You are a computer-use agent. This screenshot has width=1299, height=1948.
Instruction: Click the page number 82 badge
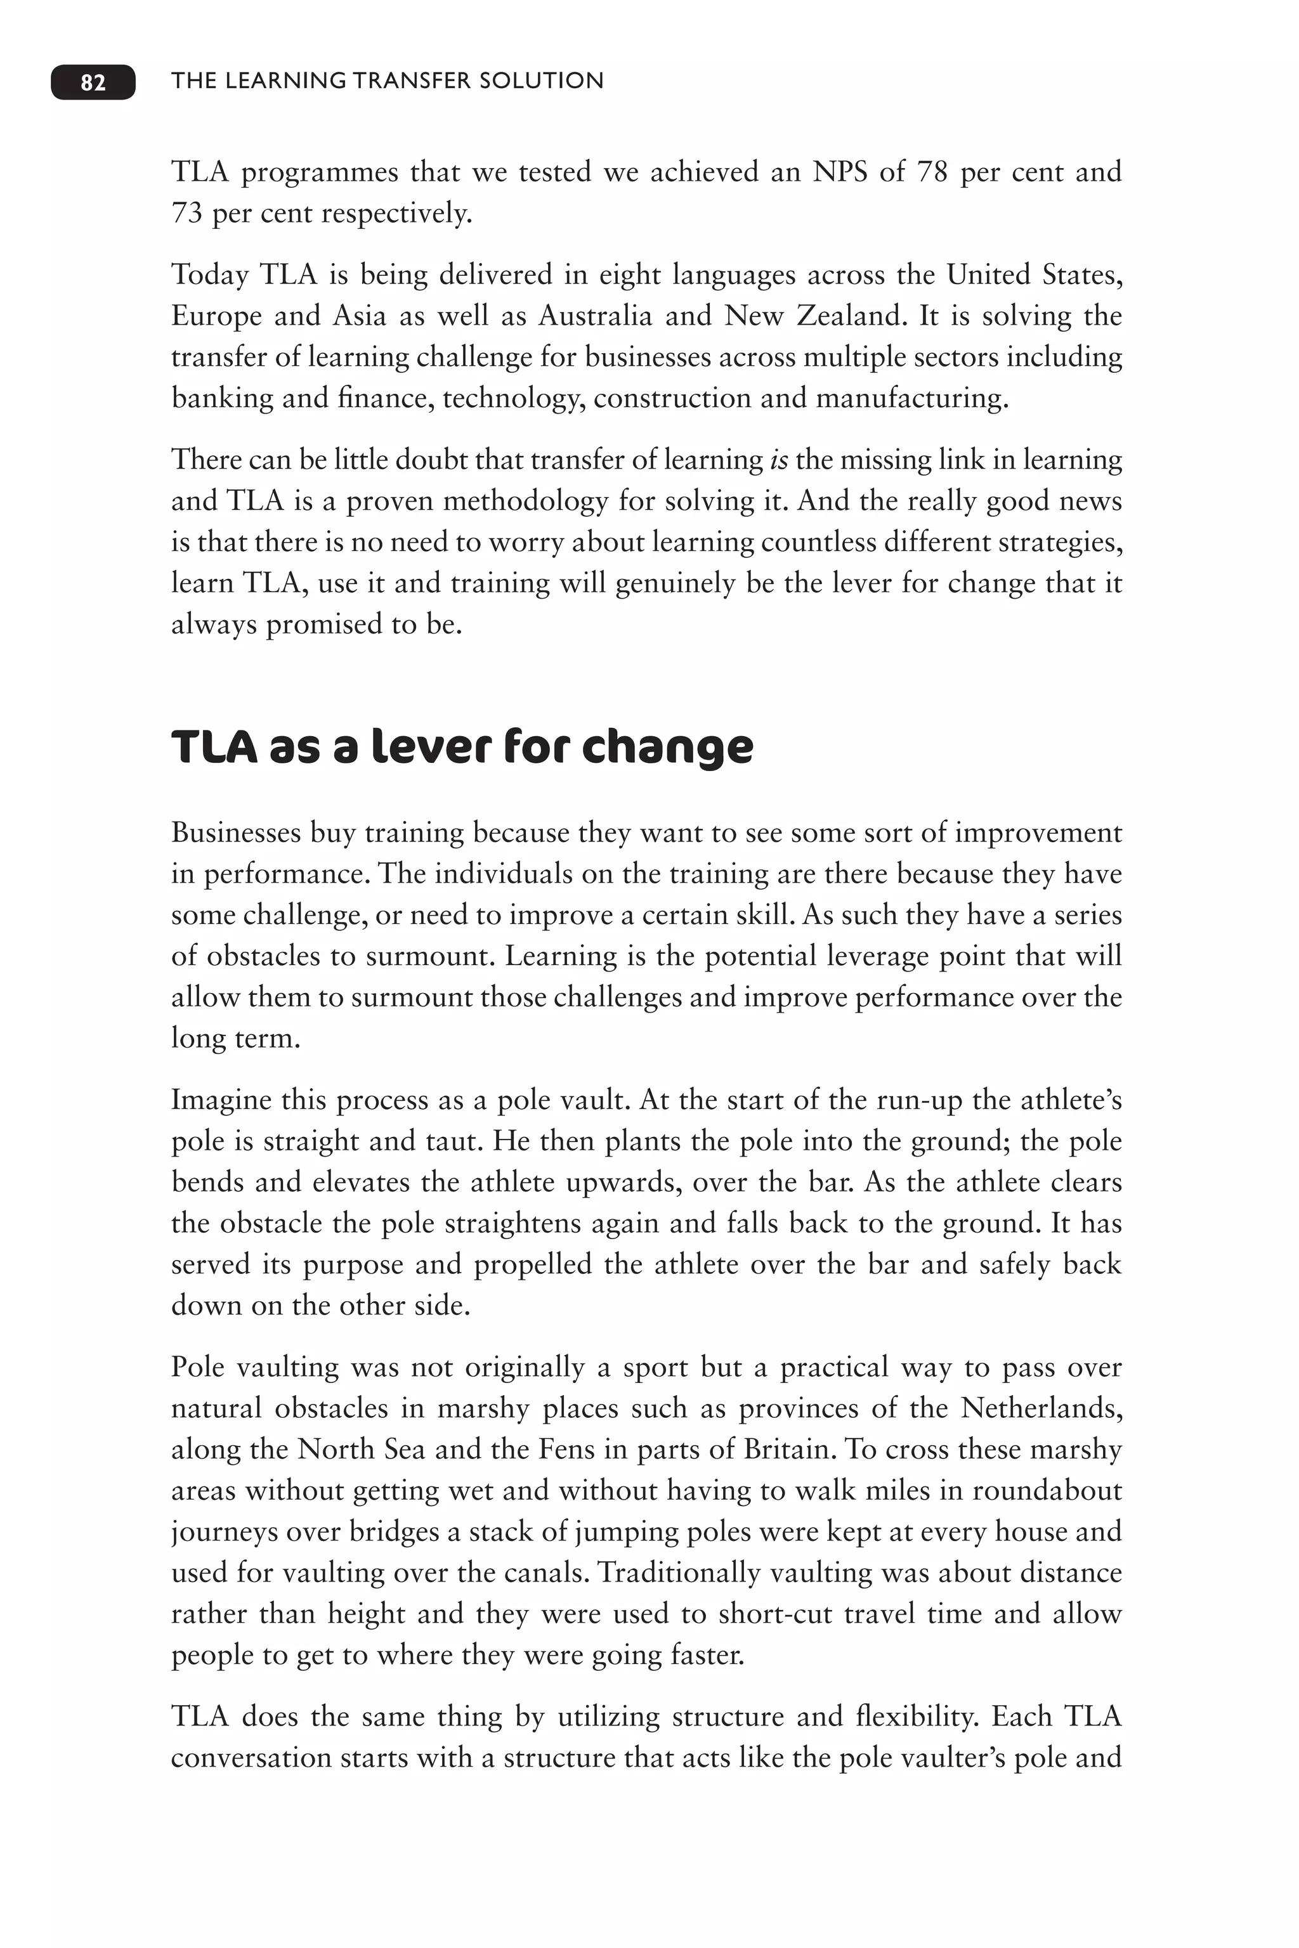pos(93,82)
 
